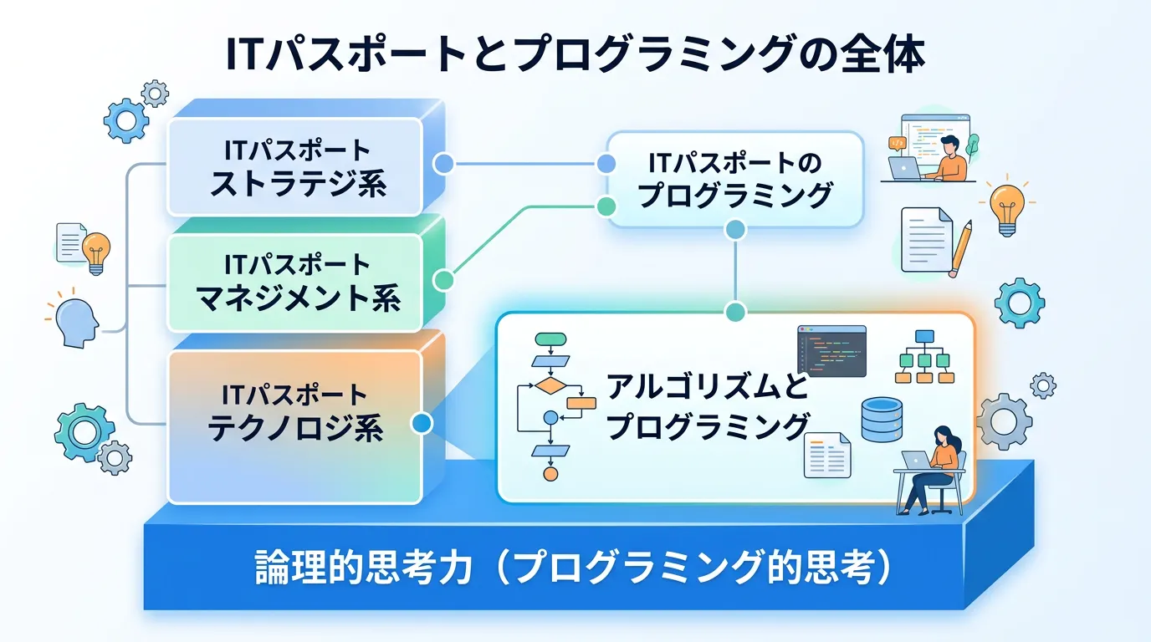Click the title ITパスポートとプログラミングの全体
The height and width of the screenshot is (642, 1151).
point(575,56)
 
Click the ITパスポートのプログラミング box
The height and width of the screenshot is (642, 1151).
point(734,179)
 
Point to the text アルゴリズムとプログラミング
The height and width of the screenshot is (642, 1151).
point(707,406)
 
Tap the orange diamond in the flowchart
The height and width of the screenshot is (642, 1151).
point(550,385)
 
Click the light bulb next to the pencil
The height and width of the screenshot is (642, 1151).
point(1006,204)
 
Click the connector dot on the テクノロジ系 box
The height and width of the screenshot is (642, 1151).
point(422,424)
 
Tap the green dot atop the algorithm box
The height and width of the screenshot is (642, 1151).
point(735,313)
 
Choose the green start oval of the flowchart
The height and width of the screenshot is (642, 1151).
point(550,339)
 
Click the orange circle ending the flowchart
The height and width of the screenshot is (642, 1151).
point(550,474)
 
